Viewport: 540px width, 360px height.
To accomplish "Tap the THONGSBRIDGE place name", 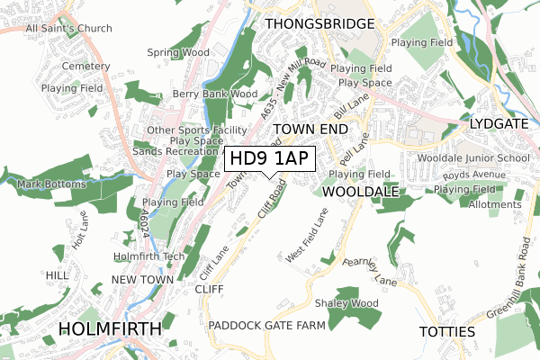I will coord(319,22).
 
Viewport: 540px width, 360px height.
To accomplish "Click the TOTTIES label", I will coord(447,332).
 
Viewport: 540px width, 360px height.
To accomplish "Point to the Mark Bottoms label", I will coord(51,184).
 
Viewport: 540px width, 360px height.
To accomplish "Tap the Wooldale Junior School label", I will coord(473,157).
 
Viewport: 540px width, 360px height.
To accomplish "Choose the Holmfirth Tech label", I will coord(148,256).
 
